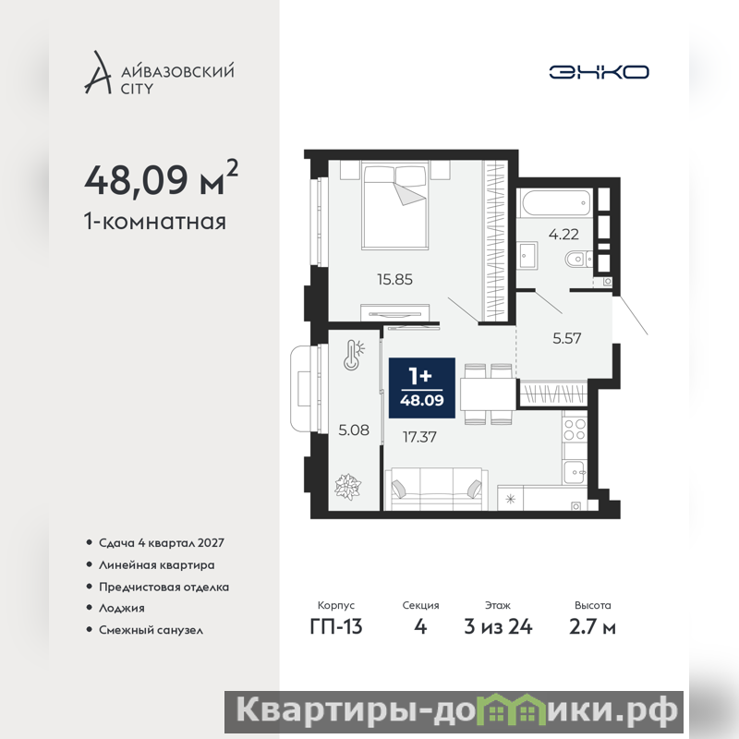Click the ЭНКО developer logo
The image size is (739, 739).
(x=599, y=72)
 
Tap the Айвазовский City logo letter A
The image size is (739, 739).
(x=98, y=72)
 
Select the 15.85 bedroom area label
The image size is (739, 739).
(x=395, y=280)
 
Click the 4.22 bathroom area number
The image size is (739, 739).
(x=563, y=235)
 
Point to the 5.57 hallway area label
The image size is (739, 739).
(x=567, y=338)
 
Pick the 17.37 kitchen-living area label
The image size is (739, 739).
(x=419, y=437)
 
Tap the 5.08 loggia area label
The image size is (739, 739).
(x=354, y=430)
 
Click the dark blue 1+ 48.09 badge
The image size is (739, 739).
(x=422, y=388)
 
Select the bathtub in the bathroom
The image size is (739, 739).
(x=557, y=202)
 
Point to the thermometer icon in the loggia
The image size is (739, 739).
(x=354, y=355)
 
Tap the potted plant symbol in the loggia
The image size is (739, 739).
(x=348, y=487)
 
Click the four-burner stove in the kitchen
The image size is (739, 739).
(x=575, y=429)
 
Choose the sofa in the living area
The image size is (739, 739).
(x=436, y=490)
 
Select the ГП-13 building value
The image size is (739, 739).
(x=336, y=627)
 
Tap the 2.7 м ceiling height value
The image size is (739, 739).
(x=592, y=627)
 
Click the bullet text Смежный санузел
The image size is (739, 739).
(x=151, y=630)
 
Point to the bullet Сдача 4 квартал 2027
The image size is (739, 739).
(x=161, y=543)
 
